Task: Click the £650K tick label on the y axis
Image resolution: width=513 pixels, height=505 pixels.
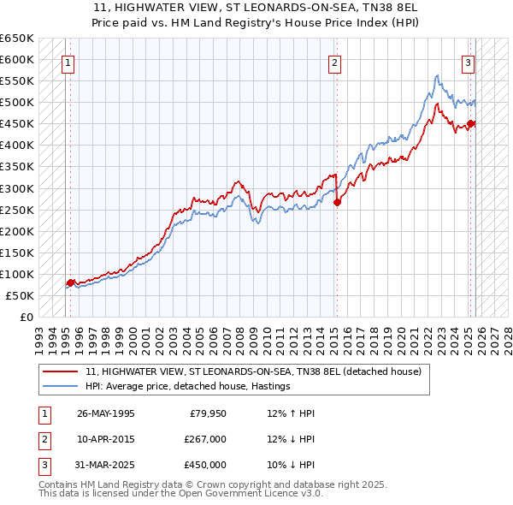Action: click(x=17, y=39)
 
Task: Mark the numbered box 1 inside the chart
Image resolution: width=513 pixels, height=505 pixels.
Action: click(x=68, y=62)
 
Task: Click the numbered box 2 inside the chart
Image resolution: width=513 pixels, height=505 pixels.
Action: click(x=334, y=62)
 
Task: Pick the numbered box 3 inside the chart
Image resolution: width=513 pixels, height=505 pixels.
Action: click(x=469, y=62)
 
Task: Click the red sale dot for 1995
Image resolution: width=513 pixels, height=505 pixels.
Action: click(x=70, y=282)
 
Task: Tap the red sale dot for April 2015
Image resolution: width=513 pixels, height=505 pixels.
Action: click(x=337, y=203)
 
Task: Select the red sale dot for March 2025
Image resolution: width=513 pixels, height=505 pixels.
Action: click(x=470, y=124)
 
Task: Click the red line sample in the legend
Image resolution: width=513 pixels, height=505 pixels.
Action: click(x=61, y=372)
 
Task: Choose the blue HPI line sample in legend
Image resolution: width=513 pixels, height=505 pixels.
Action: click(x=61, y=387)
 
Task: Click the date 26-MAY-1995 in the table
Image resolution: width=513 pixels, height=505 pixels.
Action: click(x=105, y=413)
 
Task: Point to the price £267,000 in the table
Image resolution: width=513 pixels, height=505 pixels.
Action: click(x=205, y=439)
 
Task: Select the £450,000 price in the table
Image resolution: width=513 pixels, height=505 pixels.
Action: click(x=205, y=465)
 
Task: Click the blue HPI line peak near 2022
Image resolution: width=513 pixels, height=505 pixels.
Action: click(x=437, y=76)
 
